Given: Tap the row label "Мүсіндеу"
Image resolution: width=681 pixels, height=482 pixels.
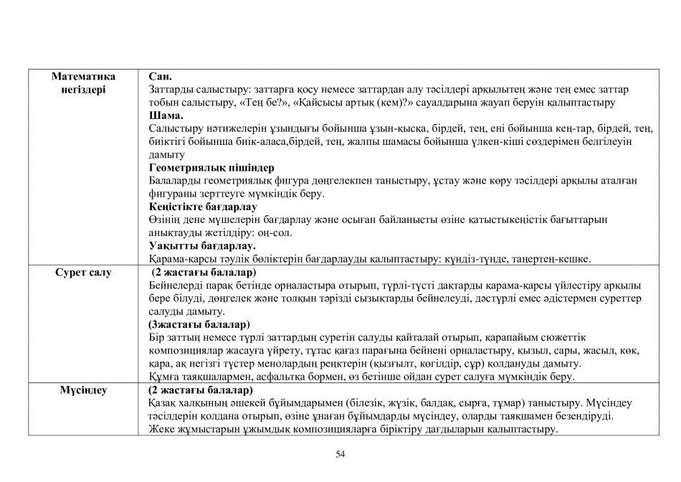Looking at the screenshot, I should click(x=82, y=391).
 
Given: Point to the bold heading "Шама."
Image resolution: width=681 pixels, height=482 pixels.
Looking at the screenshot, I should click(x=166, y=115).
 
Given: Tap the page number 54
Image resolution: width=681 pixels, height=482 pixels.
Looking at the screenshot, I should click(x=340, y=454).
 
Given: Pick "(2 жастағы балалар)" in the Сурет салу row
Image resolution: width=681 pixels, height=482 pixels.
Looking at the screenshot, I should click(x=204, y=273).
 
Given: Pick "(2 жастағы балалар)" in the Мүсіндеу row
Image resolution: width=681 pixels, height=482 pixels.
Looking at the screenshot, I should click(x=200, y=391).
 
